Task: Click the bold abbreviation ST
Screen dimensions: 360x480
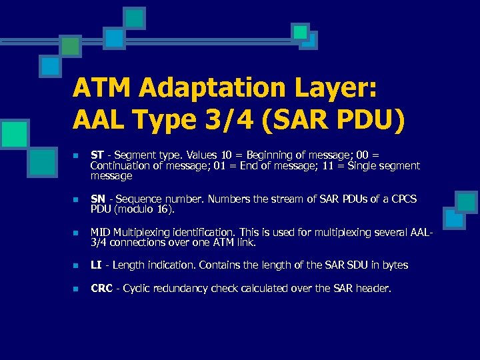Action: point(97,155)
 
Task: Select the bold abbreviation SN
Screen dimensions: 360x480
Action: point(97,199)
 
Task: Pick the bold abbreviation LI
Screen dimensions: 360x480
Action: point(95,265)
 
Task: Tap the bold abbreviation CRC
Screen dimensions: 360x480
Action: point(101,289)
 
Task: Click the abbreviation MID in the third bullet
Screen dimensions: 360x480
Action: point(99,233)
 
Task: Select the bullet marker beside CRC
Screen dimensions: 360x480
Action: point(76,289)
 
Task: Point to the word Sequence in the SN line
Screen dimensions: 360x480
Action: point(136,199)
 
